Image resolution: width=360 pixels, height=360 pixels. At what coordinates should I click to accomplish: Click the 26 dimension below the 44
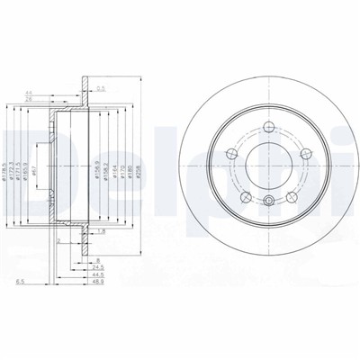[x=55, y=101]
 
